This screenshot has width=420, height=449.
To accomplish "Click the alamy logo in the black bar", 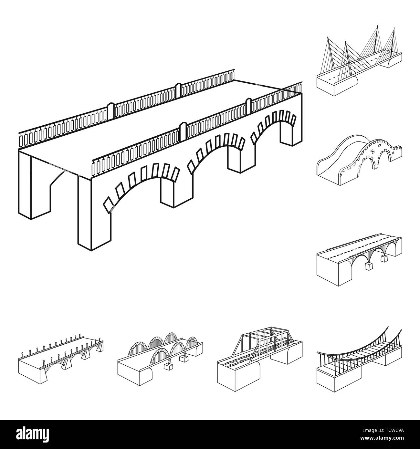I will point(35,434).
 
